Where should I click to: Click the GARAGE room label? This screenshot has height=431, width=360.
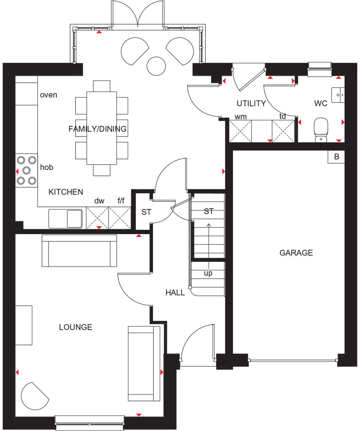pyautogui.click(x=296, y=253)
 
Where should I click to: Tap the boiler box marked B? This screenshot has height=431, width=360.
pyautogui.click(x=336, y=157)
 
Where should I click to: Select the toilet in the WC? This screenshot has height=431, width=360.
pyautogui.click(x=321, y=130)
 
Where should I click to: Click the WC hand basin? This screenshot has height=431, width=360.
pyautogui.click(x=338, y=95)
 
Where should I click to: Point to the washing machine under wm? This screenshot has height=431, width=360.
pyautogui.click(x=240, y=131)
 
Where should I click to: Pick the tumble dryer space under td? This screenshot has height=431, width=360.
pyautogui.click(x=283, y=131)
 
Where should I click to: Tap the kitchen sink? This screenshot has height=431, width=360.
pyautogui.click(x=66, y=219)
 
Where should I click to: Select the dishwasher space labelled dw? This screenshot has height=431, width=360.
pyautogui.click(x=97, y=218)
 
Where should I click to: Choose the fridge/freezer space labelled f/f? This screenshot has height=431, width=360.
pyautogui.click(x=120, y=218)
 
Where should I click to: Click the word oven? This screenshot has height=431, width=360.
pyautogui.click(x=48, y=95)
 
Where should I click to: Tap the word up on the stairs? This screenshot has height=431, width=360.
pyautogui.click(x=208, y=273)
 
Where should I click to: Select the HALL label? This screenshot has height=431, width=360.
pyautogui.click(x=175, y=292)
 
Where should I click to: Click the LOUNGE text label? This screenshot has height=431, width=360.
pyautogui.click(x=76, y=327)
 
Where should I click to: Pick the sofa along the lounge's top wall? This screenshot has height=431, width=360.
pyautogui.click(x=79, y=251)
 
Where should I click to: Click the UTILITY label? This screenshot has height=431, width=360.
pyautogui.click(x=251, y=103)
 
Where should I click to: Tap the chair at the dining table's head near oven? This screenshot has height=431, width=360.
pyautogui.click(x=102, y=86)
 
